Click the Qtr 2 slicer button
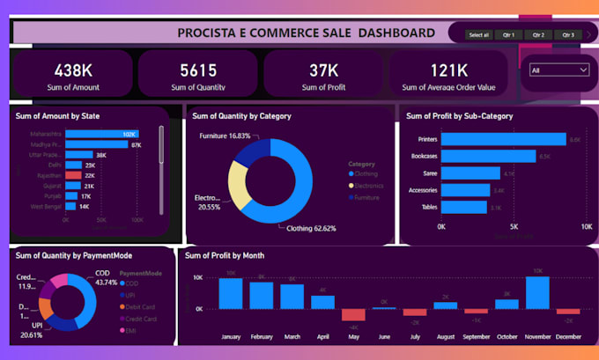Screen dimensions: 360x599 click(x=537, y=35)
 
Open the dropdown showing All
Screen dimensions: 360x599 click(x=558, y=70)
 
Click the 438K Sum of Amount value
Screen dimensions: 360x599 click(x=69, y=70)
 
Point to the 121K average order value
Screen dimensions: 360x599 click(x=448, y=70)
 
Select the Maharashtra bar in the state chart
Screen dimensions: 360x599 click(x=101, y=134)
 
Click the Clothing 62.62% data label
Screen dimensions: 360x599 click(x=311, y=228)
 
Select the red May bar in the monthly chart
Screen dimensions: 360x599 click(x=353, y=314)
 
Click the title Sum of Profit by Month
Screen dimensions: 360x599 click(x=225, y=256)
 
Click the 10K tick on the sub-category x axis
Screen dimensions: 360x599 click(x=587, y=227)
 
